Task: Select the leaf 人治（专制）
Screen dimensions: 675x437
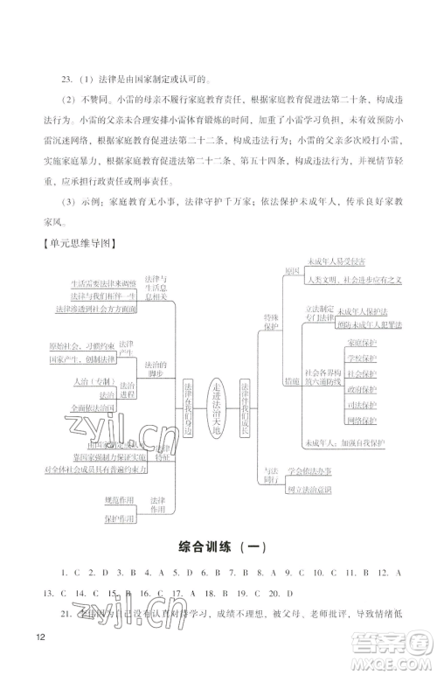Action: [x=90, y=382]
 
